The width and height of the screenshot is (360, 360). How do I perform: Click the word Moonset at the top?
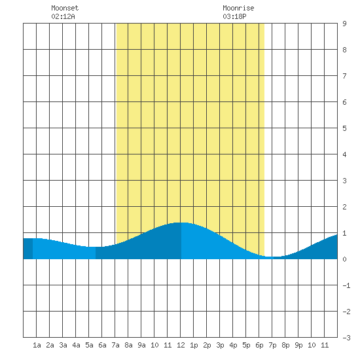(65, 8)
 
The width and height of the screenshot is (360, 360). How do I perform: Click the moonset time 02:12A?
(63, 16)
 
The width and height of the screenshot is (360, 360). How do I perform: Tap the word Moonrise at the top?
(238, 8)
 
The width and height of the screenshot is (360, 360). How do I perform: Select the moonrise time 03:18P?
(234, 16)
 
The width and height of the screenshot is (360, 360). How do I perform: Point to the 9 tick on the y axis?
(344, 24)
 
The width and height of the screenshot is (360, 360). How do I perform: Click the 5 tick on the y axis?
(344, 128)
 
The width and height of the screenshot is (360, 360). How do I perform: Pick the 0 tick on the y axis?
(344, 259)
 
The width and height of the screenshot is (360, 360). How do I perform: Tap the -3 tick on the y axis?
(346, 338)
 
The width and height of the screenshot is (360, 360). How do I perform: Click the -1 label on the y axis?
(346, 285)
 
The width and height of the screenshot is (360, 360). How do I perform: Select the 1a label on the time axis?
(37, 345)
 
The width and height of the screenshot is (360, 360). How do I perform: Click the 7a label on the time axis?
(115, 345)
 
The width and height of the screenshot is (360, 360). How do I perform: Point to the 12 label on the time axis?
(181, 345)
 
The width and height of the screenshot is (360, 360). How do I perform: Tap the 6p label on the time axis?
(259, 345)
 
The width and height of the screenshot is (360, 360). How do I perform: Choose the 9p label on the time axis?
(298, 345)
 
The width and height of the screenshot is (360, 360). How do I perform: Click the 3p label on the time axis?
(220, 345)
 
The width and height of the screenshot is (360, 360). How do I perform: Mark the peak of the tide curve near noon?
(181, 223)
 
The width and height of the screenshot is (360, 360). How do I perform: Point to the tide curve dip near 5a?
(96, 247)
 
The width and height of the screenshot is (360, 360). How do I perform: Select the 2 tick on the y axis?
(344, 207)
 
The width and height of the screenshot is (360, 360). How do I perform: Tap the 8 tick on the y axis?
(344, 50)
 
